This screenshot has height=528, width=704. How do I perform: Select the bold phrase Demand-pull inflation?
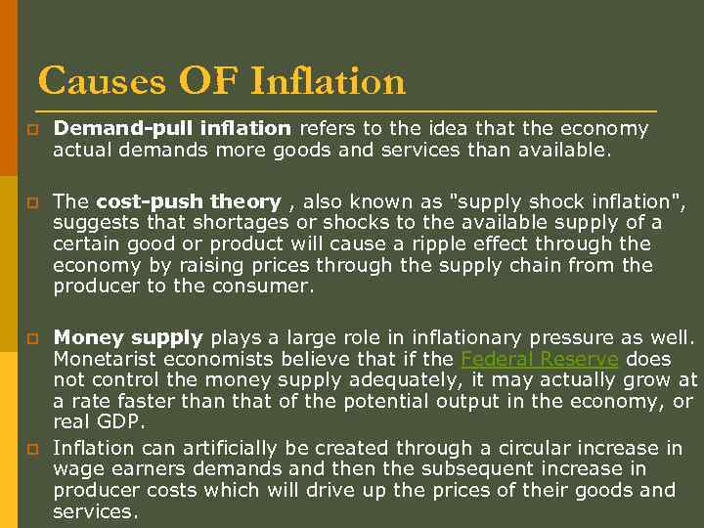(x=172, y=128)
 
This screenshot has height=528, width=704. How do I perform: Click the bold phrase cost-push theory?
(x=189, y=201)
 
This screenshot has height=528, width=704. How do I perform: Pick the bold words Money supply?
(x=128, y=337)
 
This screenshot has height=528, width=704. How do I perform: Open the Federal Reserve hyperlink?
(x=539, y=359)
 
